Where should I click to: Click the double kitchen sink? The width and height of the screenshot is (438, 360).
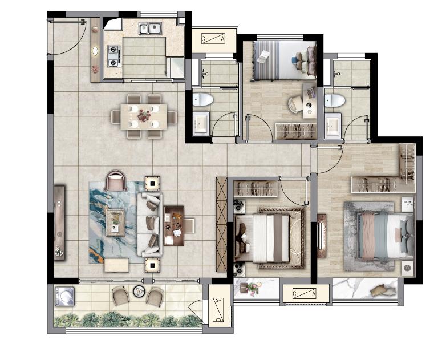pyautogui.click(x=151, y=29)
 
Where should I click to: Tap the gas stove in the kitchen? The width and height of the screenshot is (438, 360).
pyautogui.click(x=114, y=56)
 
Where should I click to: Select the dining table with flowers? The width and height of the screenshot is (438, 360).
pyautogui.click(x=144, y=116)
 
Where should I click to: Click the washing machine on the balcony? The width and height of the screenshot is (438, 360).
pyautogui.click(x=64, y=296)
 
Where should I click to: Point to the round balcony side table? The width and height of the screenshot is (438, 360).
pyautogui.click(x=139, y=291)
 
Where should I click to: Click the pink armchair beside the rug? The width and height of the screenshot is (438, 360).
pyautogui.click(x=116, y=181)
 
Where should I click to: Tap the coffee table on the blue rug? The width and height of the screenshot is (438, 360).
pyautogui.click(x=115, y=223)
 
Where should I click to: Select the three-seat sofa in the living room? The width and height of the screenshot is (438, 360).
pyautogui.click(x=150, y=224)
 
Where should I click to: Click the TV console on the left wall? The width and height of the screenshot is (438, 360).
pyautogui.click(x=59, y=223)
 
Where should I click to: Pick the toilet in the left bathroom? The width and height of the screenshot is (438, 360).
pyautogui.click(x=203, y=99)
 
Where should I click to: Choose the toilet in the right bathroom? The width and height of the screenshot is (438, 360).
pyautogui.click(x=335, y=100)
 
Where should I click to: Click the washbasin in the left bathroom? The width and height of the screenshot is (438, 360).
pyautogui.click(x=201, y=124)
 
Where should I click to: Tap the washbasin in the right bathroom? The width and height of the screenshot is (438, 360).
pyautogui.click(x=332, y=125)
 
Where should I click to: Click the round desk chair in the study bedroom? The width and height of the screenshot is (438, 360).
pyautogui.click(x=295, y=105)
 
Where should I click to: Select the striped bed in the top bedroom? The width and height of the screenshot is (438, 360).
pyautogui.click(x=285, y=60)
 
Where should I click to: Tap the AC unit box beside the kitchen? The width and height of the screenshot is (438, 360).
pyautogui.click(x=213, y=39)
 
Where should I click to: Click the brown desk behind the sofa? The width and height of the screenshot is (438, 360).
pyautogui.click(x=174, y=226)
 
